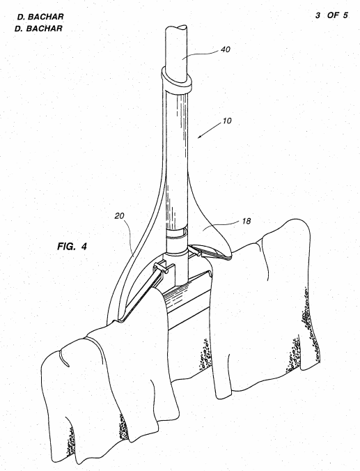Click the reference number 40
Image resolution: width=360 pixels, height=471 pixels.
225,49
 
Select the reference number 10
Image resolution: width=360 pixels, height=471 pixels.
227,121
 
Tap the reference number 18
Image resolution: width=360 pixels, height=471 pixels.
246,221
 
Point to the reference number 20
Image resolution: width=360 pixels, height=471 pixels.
120,216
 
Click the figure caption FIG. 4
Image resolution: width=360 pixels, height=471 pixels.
72,247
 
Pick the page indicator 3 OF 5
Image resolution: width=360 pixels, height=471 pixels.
331,15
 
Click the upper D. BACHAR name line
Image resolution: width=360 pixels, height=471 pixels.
40,17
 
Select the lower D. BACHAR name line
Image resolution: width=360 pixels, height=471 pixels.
38,29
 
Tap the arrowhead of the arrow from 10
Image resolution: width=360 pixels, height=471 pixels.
199,137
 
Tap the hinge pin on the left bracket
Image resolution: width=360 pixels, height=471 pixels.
166,270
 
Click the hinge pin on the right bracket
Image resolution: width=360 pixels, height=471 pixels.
198,254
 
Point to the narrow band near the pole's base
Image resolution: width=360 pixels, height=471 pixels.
177,234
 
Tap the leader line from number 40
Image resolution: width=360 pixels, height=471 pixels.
200,54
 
